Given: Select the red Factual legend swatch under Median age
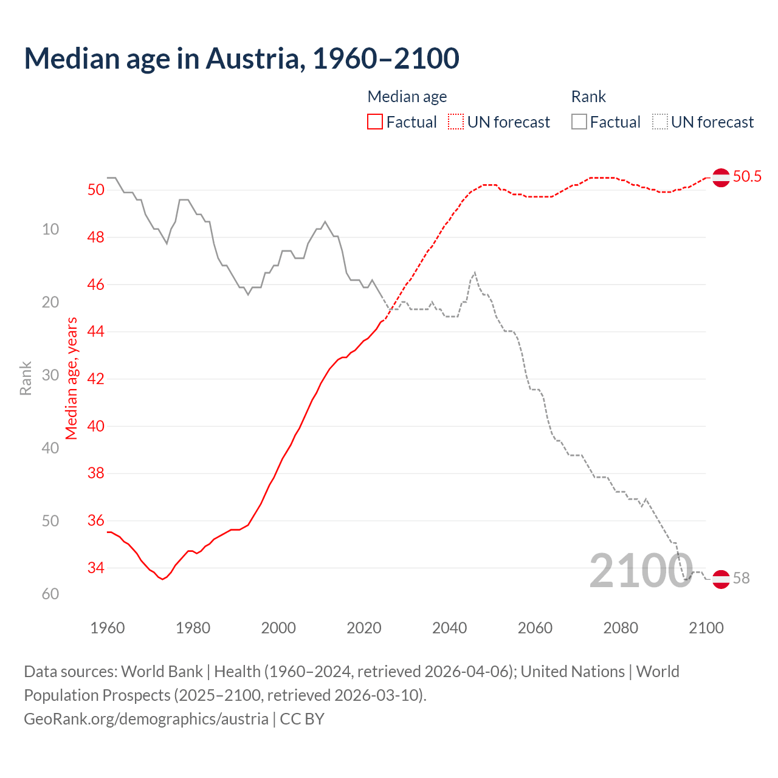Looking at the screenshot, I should [x=375, y=122].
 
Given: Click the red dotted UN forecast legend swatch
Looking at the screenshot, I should [x=456, y=122].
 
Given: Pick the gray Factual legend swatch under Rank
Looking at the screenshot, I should [x=579, y=122].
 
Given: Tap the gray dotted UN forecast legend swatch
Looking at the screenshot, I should [x=660, y=122].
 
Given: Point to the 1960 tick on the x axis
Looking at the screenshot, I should [x=108, y=628].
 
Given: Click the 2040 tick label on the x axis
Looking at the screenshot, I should [x=449, y=628].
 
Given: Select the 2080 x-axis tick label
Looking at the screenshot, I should [x=621, y=628].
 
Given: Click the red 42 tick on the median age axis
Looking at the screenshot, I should [x=96, y=379].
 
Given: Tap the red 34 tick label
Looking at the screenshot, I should [x=96, y=568].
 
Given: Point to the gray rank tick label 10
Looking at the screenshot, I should [x=50, y=229].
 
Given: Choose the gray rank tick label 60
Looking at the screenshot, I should [x=50, y=594].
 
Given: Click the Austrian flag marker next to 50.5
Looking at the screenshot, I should [x=721, y=177].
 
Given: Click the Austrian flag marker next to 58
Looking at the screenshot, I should [x=721, y=579].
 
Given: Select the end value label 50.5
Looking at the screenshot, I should [x=747, y=177].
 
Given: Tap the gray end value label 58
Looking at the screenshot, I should [x=742, y=579].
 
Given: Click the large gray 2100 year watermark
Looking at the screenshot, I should [x=641, y=571].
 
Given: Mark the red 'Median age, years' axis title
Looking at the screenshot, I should [x=72, y=378].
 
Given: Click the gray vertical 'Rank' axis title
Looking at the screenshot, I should [x=26, y=378].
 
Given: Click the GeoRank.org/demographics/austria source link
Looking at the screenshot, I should [x=146, y=719].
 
